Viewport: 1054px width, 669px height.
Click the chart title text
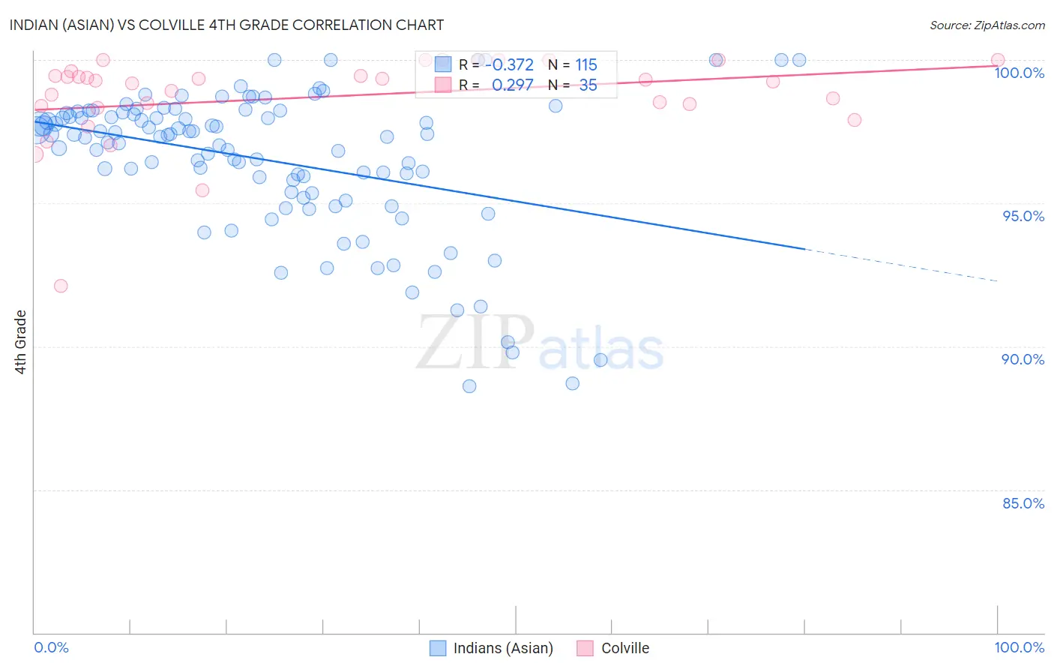click(226, 25)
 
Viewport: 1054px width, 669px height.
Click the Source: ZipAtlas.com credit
click(987, 25)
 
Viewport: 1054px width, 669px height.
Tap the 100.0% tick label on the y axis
click(1019, 73)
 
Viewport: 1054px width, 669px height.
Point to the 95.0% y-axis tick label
click(1023, 216)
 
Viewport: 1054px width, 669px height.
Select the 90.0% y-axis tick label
click(1023, 359)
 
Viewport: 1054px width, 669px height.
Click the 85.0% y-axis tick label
click(1023, 503)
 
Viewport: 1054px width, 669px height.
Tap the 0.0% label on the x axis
click(51, 647)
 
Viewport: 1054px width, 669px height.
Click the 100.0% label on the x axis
click(1019, 647)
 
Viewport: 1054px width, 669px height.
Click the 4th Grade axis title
click(20, 342)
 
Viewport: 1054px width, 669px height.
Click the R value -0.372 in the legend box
click(513, 65)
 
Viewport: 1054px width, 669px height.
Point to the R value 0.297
click(513, 85)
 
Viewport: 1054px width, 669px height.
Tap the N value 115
click(586, 65)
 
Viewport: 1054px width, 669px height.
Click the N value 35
click(588, 85)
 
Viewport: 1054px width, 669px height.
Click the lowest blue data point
click(469, 386)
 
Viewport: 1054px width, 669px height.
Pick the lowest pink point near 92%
click(61, 286)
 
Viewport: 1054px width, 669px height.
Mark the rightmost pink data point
click(998, 60)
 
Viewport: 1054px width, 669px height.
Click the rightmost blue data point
click(799, 60)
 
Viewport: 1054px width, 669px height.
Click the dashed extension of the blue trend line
click(900, 265)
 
